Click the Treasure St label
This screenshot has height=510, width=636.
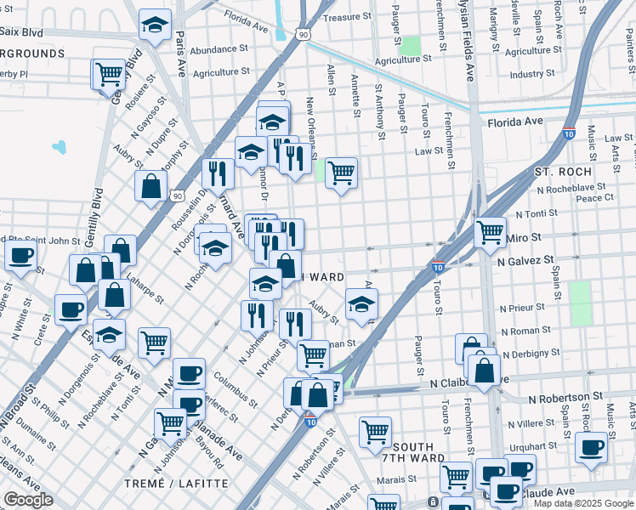click(348, 17)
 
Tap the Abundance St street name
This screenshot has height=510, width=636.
click(219, 50)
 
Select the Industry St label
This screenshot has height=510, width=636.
click(533, 74)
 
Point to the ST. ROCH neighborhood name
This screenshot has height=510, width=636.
click(563, 172)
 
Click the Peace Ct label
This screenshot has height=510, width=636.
click(594, 198)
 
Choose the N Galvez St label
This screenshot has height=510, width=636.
click(525, 260)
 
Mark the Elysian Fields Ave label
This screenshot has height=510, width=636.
click(468, 41)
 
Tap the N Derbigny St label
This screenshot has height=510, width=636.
click(535, 354)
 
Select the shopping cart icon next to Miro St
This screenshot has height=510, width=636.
click(490, 230)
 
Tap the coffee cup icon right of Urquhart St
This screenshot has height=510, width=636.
click(591, 446)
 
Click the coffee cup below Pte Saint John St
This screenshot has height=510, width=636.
click(21, 255)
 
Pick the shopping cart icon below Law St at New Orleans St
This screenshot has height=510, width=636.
click(341, 173)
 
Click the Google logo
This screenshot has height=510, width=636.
click(27, 500)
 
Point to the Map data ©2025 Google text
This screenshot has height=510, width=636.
click(583, 503)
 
